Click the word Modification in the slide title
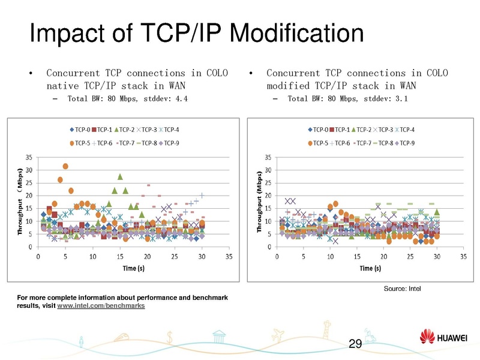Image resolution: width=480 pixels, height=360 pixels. (283, 34)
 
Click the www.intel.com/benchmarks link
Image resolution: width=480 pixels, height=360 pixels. (101, 306)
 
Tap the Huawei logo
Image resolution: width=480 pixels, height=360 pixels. (444, 338)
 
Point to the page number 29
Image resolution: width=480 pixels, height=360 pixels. (355, 344)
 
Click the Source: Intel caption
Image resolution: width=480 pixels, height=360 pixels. (402, 289)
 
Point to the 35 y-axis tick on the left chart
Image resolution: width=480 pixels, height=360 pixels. (29, 157)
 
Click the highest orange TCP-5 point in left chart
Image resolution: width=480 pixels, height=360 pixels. (65, 166)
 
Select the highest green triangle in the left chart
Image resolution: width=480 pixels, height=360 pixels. (120, 176)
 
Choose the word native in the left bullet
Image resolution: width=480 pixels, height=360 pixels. (62, 86)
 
